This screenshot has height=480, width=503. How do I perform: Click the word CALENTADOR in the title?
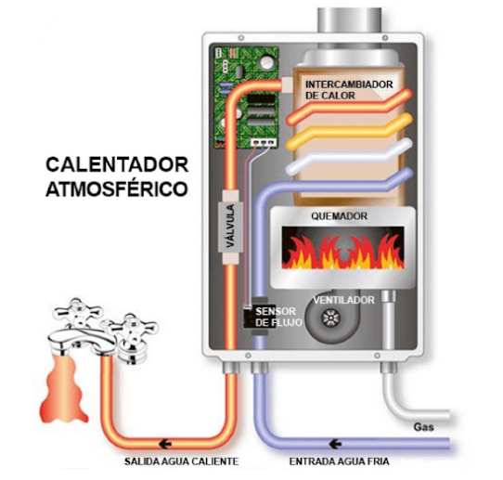coord(117,164)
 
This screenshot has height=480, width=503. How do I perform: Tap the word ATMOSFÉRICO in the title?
coord(117,188)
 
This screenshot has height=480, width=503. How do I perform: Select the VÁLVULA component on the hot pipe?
coord(230,227)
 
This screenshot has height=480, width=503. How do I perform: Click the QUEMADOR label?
coord(339,216)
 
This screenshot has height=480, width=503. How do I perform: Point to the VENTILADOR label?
coord(344,300)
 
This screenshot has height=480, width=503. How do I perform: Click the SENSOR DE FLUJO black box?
coord(258,316)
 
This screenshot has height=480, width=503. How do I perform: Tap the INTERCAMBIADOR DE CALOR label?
coord(349,90)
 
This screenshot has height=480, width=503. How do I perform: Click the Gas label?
coord(423,427)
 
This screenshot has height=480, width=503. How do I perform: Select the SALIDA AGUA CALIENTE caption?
coord(182,461)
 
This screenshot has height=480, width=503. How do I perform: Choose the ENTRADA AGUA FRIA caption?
coord(339,461)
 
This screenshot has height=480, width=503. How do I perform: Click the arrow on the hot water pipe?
coord(165,445)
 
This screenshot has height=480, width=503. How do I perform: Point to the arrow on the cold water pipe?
coord(335,444)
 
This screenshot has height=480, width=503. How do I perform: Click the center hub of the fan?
coord(330,318)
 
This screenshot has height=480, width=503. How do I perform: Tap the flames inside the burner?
coord(343,252)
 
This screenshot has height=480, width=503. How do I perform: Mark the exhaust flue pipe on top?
coord(350,19)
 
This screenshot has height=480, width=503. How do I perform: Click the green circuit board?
coord(246,97)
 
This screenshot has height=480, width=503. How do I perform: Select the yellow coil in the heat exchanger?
coord(349,132)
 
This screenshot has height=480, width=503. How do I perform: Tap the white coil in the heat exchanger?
coord(349,157)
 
